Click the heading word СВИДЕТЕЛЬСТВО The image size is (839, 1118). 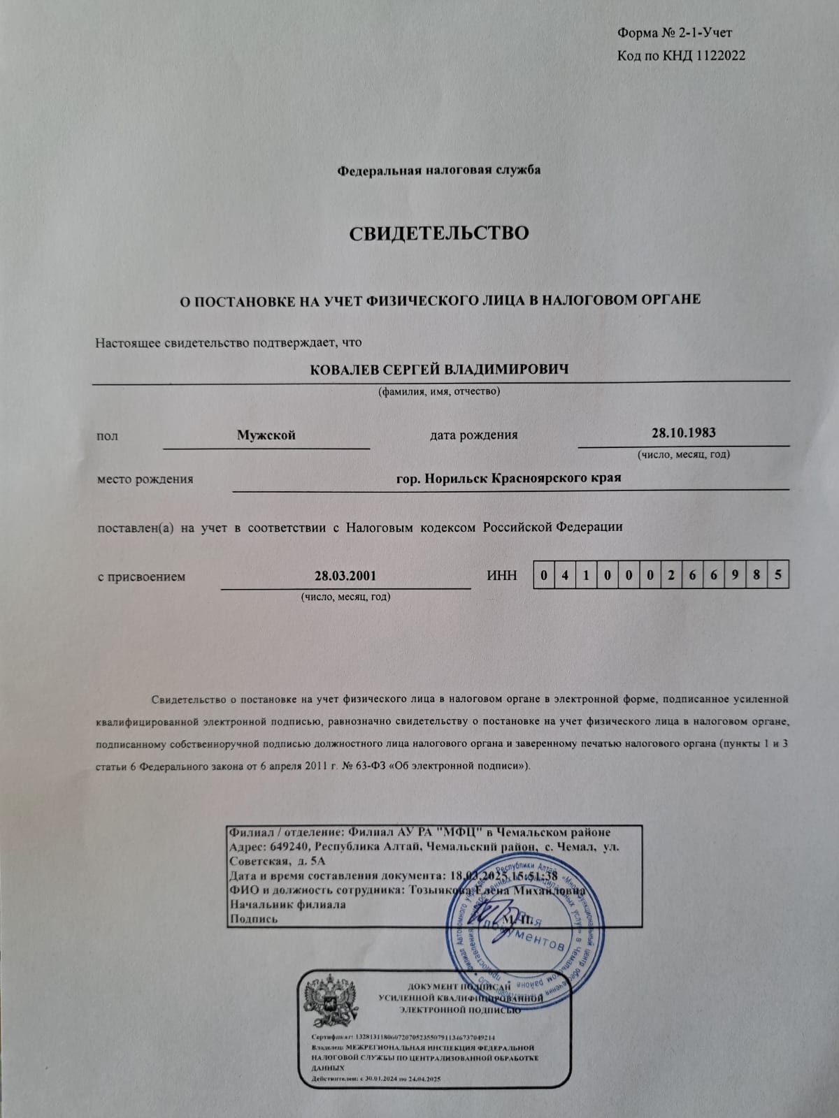[439, 233]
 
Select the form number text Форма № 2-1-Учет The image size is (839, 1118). [675, 33]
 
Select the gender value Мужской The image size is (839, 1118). [266, 435]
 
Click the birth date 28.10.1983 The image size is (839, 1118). [683, 432]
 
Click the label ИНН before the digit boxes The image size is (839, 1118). [501, 576]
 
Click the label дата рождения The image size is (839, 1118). [473, 435]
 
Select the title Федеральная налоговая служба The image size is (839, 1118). [439, 170]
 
